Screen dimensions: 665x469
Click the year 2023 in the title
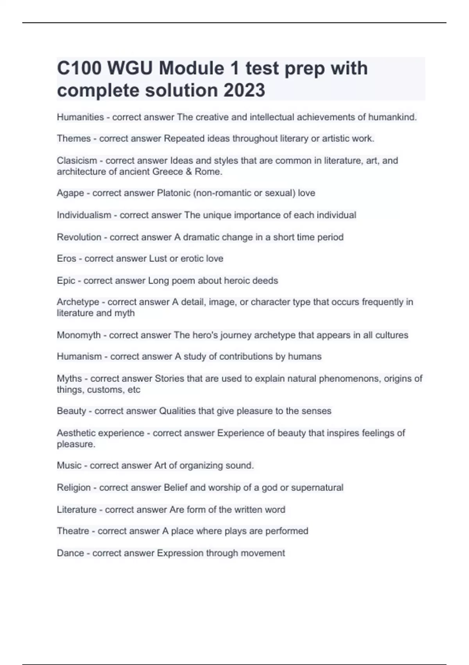pos(244,90)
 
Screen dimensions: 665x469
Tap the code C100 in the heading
pos(79,68)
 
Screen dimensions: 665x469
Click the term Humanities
pos(80,117)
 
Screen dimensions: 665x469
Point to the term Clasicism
pos(77,160)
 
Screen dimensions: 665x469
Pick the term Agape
pos(70,193)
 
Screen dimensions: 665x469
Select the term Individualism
pos(84,215)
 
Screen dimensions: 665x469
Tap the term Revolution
pos(79,237)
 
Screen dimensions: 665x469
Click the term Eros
pos(66,259)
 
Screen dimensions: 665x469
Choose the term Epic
pos(66,281)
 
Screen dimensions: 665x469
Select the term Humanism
pos(79,356)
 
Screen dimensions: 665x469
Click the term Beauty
pos(71,411)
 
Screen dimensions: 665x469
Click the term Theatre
pos(73,531)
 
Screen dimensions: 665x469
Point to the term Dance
pos(70,553)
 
